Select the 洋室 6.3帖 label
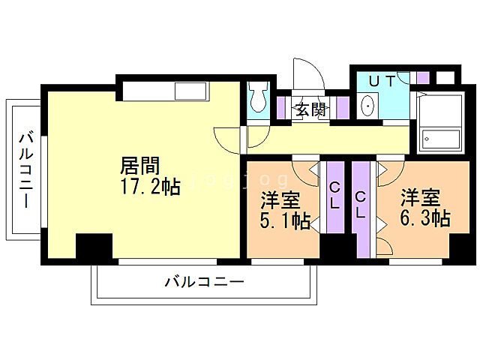424,208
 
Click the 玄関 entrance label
310,109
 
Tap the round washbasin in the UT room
368,106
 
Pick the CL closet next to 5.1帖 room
334,196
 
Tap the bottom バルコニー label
204,283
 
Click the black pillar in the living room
94,247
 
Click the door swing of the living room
227,137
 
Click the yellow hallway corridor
330,138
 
